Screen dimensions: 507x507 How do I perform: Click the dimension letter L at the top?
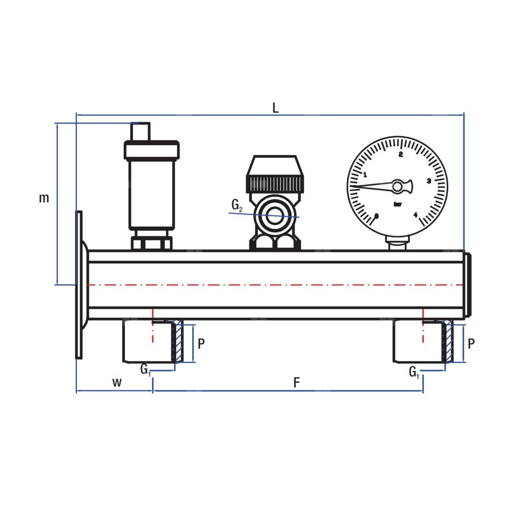(275, 108)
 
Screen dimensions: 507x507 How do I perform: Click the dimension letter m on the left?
(44, 198)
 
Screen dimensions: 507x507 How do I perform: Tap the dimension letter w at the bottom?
(117, 382)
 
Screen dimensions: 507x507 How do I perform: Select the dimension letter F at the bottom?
(297, 382)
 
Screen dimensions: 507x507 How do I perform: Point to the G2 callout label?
(237, 205)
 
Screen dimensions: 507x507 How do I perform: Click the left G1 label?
(146, 370)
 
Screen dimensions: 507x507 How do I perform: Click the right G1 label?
(414, 372)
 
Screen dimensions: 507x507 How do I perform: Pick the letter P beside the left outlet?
(201, 343)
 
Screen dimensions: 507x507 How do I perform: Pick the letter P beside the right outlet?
(471, 343)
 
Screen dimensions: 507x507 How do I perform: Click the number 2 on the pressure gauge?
(401, 155)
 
